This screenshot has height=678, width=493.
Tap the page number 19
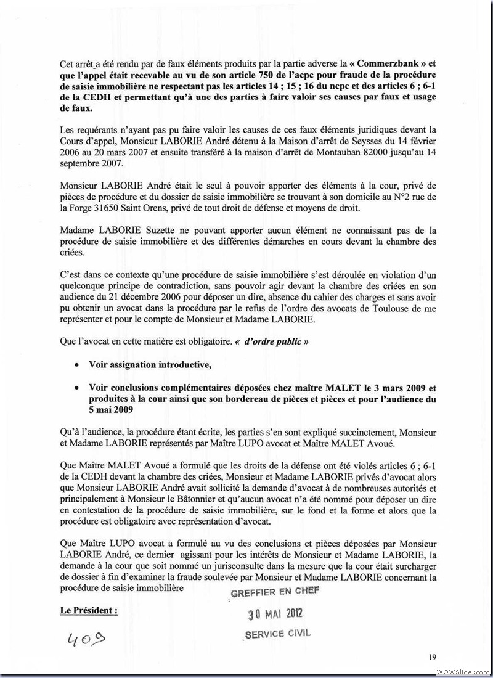pyautogui.click(x=433, y=656)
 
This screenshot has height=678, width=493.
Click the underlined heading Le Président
pyautogui.click(x=88, y=611)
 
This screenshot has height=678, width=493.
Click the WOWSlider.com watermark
pyautogui.click(x=462, y=671)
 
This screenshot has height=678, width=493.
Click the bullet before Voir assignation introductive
pyautogui.click(x=76, y=366)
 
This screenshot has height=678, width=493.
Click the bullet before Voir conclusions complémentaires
pyautogui.click(x=76, y=388)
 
